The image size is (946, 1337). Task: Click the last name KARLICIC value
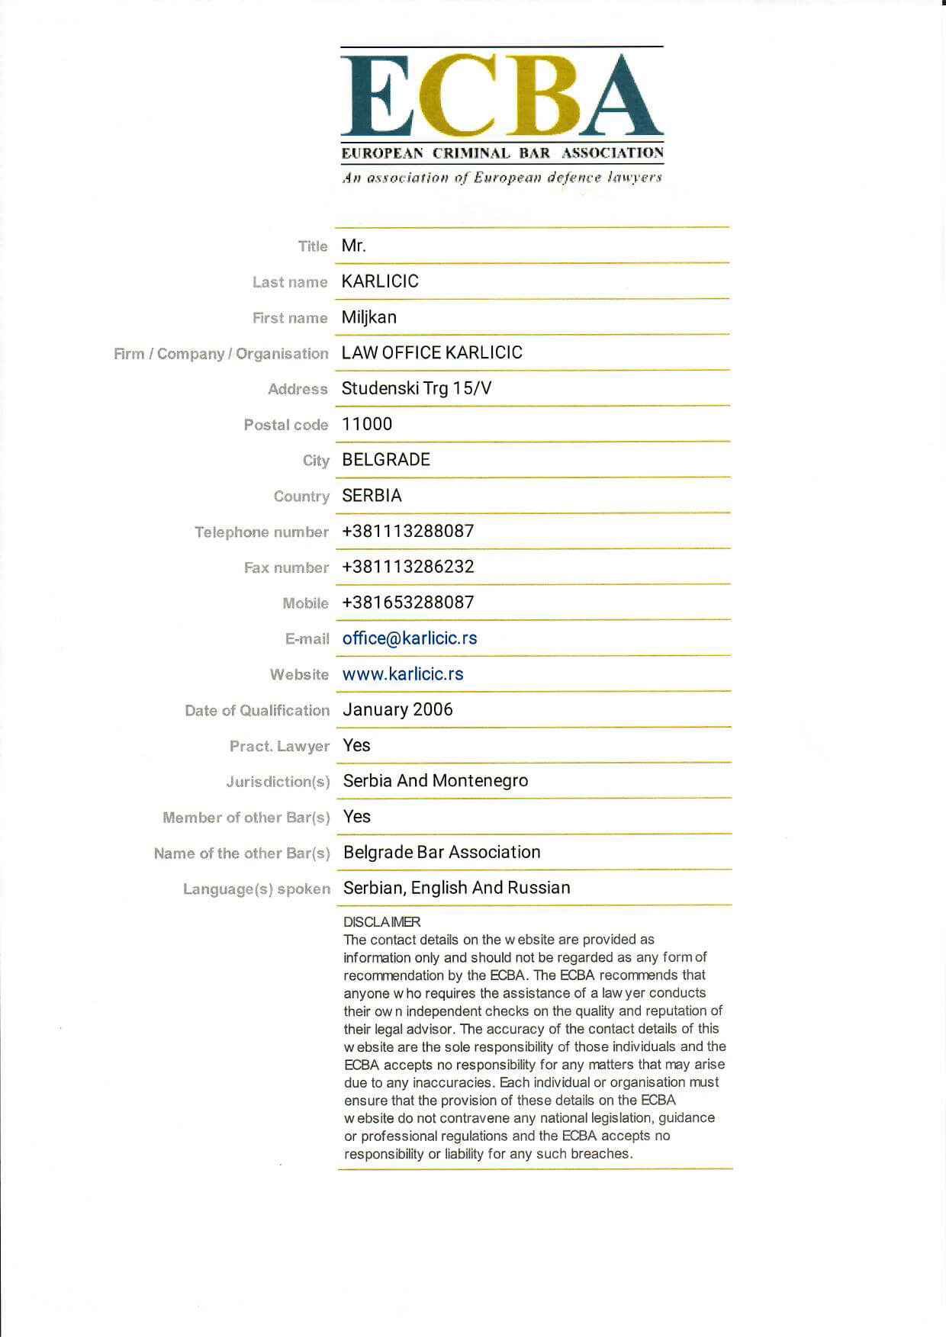coord(380,281)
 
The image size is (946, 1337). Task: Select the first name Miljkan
coord(369,317)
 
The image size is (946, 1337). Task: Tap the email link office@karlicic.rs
coord(410,638)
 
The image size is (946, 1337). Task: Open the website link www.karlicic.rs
coord(403,674)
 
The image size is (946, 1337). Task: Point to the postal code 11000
coord(367,424)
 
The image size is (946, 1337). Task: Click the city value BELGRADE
coord(386,460)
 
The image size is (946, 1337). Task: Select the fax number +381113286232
coord(408,567)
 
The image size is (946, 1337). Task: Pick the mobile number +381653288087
coord(408,603)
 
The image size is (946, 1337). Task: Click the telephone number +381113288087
coord(408,531)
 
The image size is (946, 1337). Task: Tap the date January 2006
coord(397,709)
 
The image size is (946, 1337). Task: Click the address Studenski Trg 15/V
coord(417,388)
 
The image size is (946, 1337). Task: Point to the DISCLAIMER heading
coord(381,922)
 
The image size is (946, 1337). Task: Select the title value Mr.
coord(354,246)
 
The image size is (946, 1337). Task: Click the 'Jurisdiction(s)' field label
coord(278,782)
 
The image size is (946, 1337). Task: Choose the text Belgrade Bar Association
coord(442,852)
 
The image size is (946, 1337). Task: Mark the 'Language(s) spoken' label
coord(256,889)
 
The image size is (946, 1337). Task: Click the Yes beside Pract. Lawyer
coord(356,745)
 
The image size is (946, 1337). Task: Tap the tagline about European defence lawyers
coord(502,178)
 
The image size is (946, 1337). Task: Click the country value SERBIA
coord(372,496)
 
